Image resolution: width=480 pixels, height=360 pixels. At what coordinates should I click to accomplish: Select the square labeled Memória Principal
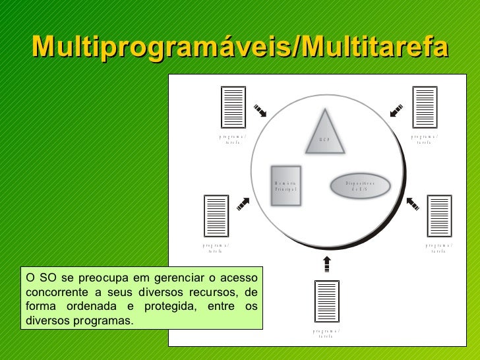click(286, 185)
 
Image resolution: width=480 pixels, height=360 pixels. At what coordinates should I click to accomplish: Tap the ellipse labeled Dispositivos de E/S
click(360, 185)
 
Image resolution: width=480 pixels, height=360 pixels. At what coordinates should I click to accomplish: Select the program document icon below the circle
click(326, 301)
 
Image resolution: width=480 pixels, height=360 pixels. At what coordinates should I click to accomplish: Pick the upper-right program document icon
click(424, 107)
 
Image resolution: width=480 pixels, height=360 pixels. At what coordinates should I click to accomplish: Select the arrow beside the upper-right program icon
click(397, 110)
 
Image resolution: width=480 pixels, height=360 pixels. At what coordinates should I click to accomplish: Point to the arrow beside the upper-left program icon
click(260, 110)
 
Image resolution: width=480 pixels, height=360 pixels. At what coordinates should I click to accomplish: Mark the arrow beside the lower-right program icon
click(413, 203)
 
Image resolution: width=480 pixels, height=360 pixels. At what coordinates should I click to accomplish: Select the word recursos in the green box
click(206, 293)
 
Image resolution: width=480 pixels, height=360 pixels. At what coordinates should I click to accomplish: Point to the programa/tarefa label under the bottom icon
click(326, 333)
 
